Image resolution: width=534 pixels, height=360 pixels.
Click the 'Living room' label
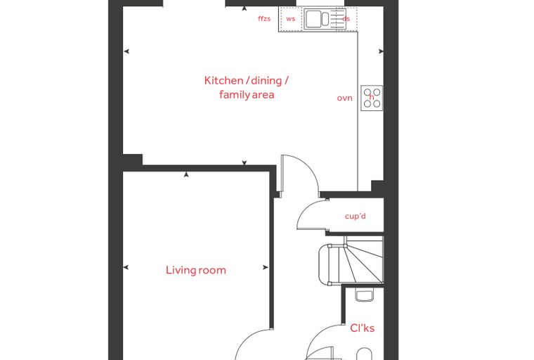tap(196, 270)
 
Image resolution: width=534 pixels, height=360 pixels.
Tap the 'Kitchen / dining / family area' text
tap(247, 88)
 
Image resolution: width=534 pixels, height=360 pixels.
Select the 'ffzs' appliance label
tap(264, 18)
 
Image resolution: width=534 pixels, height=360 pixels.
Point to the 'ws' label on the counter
tap(290, 19)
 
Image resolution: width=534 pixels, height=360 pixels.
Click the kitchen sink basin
tap(313, 19)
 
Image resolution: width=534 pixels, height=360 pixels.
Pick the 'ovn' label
tap(345, 98)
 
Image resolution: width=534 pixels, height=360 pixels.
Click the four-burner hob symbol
tap(372, 98)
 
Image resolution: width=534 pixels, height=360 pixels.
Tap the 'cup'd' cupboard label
tap(356, 216)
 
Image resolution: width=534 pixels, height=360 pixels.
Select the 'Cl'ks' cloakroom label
tap(363, 328)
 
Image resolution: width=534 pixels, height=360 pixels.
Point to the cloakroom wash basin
tap(365, 295)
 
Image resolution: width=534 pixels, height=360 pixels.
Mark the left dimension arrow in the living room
tap(126, 267)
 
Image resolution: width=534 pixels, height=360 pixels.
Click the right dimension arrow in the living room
tap(266, 268)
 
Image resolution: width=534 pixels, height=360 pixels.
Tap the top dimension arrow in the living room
tap(186, 174)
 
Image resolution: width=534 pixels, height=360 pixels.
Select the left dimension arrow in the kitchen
tap(126, 51)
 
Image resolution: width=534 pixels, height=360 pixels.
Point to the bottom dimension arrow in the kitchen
tap(245, 163)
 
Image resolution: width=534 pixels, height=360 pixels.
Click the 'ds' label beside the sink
tap(346, 19)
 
